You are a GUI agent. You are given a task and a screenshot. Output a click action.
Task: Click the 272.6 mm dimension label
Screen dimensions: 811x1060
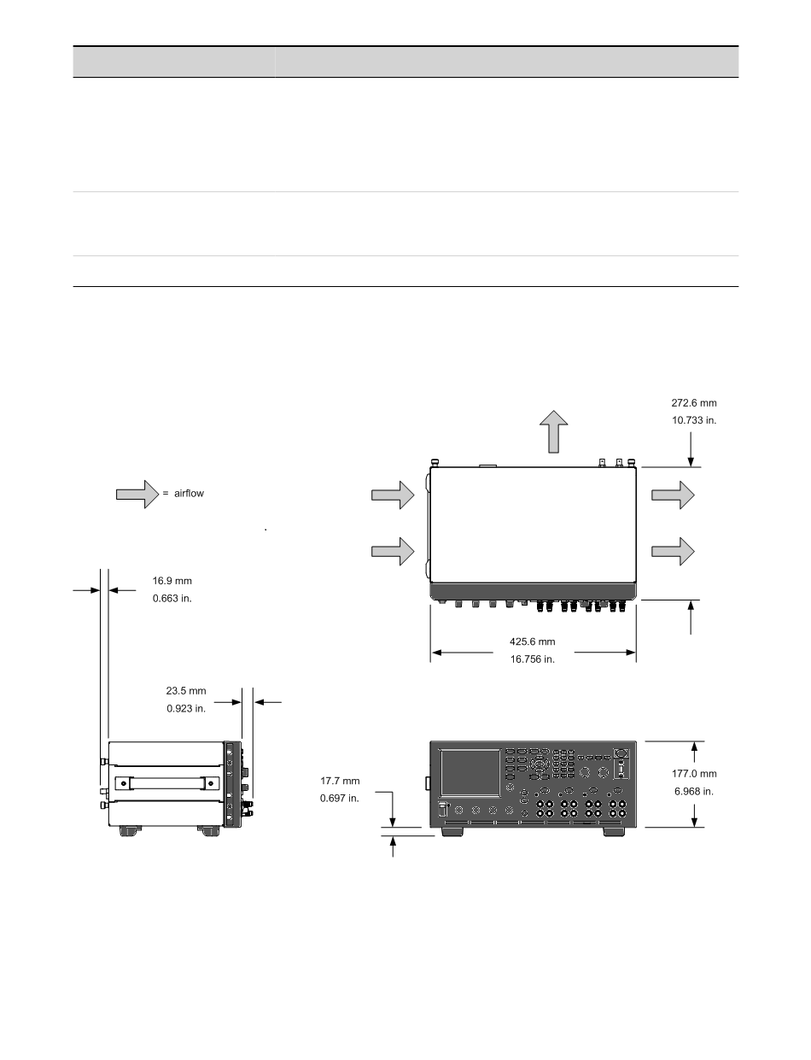pos(693,403)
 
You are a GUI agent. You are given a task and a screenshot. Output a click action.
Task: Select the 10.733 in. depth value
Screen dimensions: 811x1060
pos(694,420)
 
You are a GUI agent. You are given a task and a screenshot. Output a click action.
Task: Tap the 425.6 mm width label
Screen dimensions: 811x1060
pos(532,641)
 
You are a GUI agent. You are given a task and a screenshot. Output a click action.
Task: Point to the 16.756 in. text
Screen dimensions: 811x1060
pos(532,659)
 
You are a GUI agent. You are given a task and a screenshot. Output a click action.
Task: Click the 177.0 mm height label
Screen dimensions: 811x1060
pos(694,774)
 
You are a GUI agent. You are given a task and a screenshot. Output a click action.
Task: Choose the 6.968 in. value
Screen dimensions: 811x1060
pos(694,791)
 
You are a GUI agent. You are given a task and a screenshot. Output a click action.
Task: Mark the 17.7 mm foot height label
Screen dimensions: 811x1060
pos(340,781)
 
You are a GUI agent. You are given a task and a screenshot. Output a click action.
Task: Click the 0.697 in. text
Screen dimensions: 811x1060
pos(339,799)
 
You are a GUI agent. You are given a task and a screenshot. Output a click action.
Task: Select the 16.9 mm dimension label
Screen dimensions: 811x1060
pos(172,581)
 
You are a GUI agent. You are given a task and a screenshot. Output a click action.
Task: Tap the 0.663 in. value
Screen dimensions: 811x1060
pos(172,599)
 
